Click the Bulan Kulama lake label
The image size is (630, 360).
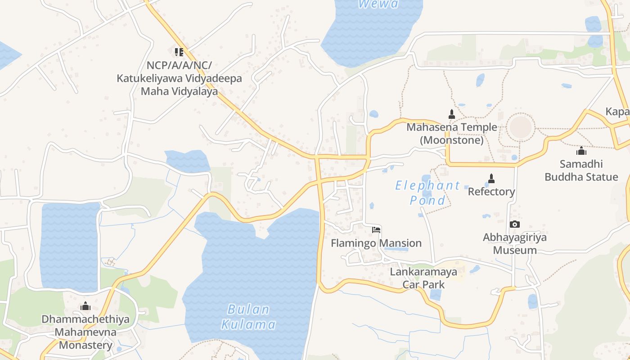(x=248, y=317)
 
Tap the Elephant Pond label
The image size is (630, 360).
(x=427, y=193)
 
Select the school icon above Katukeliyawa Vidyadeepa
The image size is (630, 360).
(x=179, y=52)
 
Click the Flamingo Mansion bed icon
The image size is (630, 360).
(x=376, y=230)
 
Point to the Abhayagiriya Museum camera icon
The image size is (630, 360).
(x=515, y=224)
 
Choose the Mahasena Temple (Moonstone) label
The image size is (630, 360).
(x=452, y=134)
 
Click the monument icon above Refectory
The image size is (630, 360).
(x=491, y=179)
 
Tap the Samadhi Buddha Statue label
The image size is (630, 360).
(x=581, y=170)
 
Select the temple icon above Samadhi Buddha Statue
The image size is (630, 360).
(x=581, y=151)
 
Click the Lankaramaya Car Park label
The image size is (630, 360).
(x=423, y=278)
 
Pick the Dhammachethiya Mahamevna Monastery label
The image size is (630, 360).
(x=85, y=332)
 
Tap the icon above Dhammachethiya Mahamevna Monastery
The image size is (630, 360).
(x=85, y=306)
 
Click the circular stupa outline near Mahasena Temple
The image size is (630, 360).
(x=521, y=127)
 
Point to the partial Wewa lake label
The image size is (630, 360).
(x=378, y=4)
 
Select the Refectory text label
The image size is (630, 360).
(x=491, y=192)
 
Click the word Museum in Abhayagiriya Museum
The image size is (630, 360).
(x=515, y=250)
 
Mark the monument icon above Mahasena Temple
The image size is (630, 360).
(x=452, y=114)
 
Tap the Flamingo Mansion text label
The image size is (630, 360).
(x=376, y=243)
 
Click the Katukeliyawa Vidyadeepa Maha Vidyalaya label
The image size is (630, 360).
(x=179, y=78)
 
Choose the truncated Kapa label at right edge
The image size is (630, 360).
(x=617, y=112)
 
